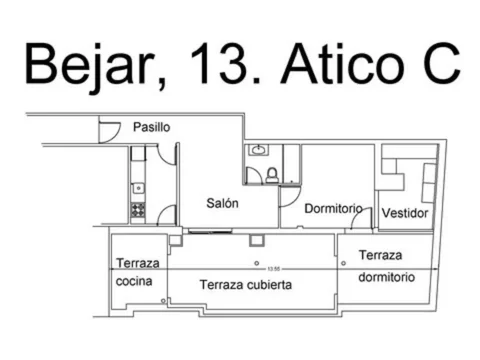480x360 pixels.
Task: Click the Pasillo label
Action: point(151,128)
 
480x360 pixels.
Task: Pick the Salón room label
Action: point(222,203)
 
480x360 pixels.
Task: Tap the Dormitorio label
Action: point(332,210)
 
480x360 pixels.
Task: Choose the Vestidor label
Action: point(405,213)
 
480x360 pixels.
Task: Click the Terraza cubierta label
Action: point(245,285)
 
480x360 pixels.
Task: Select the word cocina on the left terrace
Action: point(134,282)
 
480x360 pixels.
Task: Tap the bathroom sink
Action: point(259,150)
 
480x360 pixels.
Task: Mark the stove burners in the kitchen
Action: point(138,210)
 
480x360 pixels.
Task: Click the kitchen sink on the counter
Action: point(138,187)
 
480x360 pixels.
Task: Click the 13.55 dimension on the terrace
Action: point(271,268)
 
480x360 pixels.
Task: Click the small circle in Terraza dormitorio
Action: point(343,262)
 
